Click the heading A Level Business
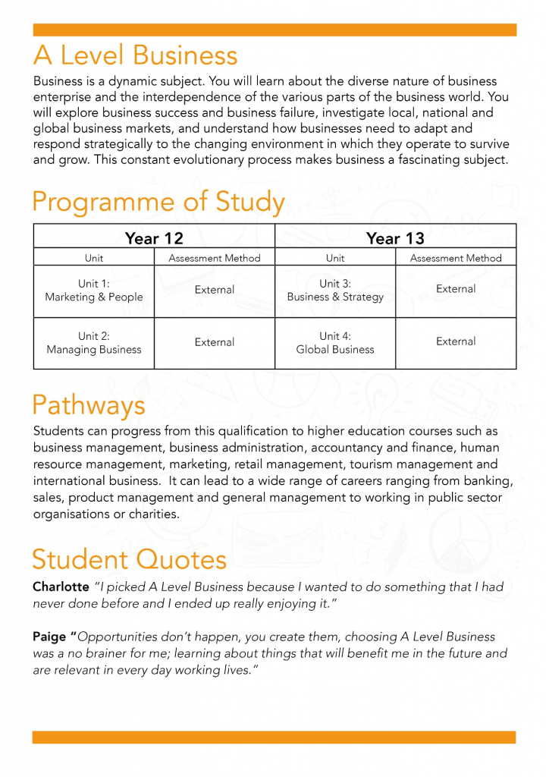(x=135, y=55)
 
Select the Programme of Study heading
(x=158, y=203)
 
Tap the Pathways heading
(x=89, y=405)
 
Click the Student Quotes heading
(x=129, y=559)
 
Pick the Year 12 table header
(x=154, y=238)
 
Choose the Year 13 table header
(x=395, y=238)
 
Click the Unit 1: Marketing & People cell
(x=94, y=291)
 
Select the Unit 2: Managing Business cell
(x=94, y=343)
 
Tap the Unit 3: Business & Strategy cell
(x=335, y=291)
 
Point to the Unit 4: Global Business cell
(x=335, y=343)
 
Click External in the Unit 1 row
(x=215, y=290)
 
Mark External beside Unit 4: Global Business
(x=456, y=341)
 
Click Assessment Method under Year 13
(x=456, y=258)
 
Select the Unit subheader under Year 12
(x=94, y=258)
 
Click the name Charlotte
(x=61, y=587)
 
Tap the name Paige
(x=50, y=637)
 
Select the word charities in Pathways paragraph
(x=152, y=514)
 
